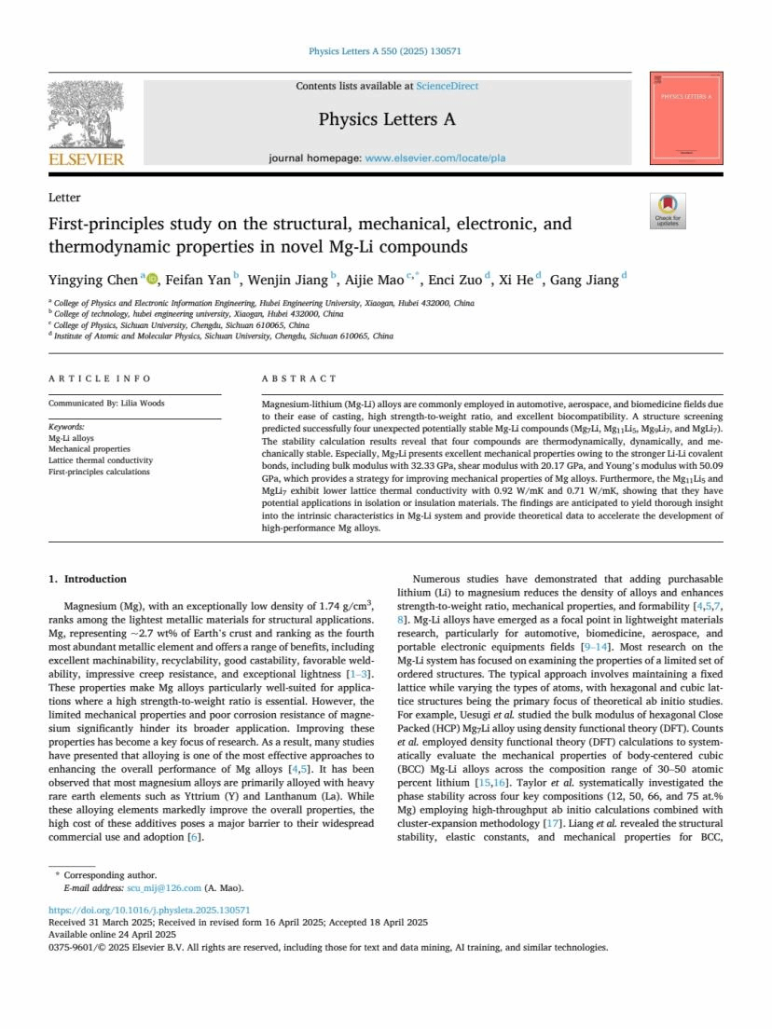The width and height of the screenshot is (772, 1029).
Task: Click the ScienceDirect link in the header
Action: click(x=447, y=86)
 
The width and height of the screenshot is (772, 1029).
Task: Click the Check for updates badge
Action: click(x=667, y=211)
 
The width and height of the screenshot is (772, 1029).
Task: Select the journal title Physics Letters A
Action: click(x=387, y=119)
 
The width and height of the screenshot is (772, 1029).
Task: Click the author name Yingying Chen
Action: click(x=92, y=279)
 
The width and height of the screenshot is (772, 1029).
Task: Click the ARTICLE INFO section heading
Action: click(x=100, y=378)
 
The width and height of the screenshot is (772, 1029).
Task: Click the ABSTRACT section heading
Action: click(x=300, y=378)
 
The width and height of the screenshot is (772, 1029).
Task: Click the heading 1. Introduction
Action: click(x=87, y=579)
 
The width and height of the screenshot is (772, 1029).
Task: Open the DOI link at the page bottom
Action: click(x=149, y=910)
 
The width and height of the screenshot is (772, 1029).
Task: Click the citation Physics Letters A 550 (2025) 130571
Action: click(x=385, y=51)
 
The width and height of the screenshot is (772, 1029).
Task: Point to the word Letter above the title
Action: click(x=64, y=198)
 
